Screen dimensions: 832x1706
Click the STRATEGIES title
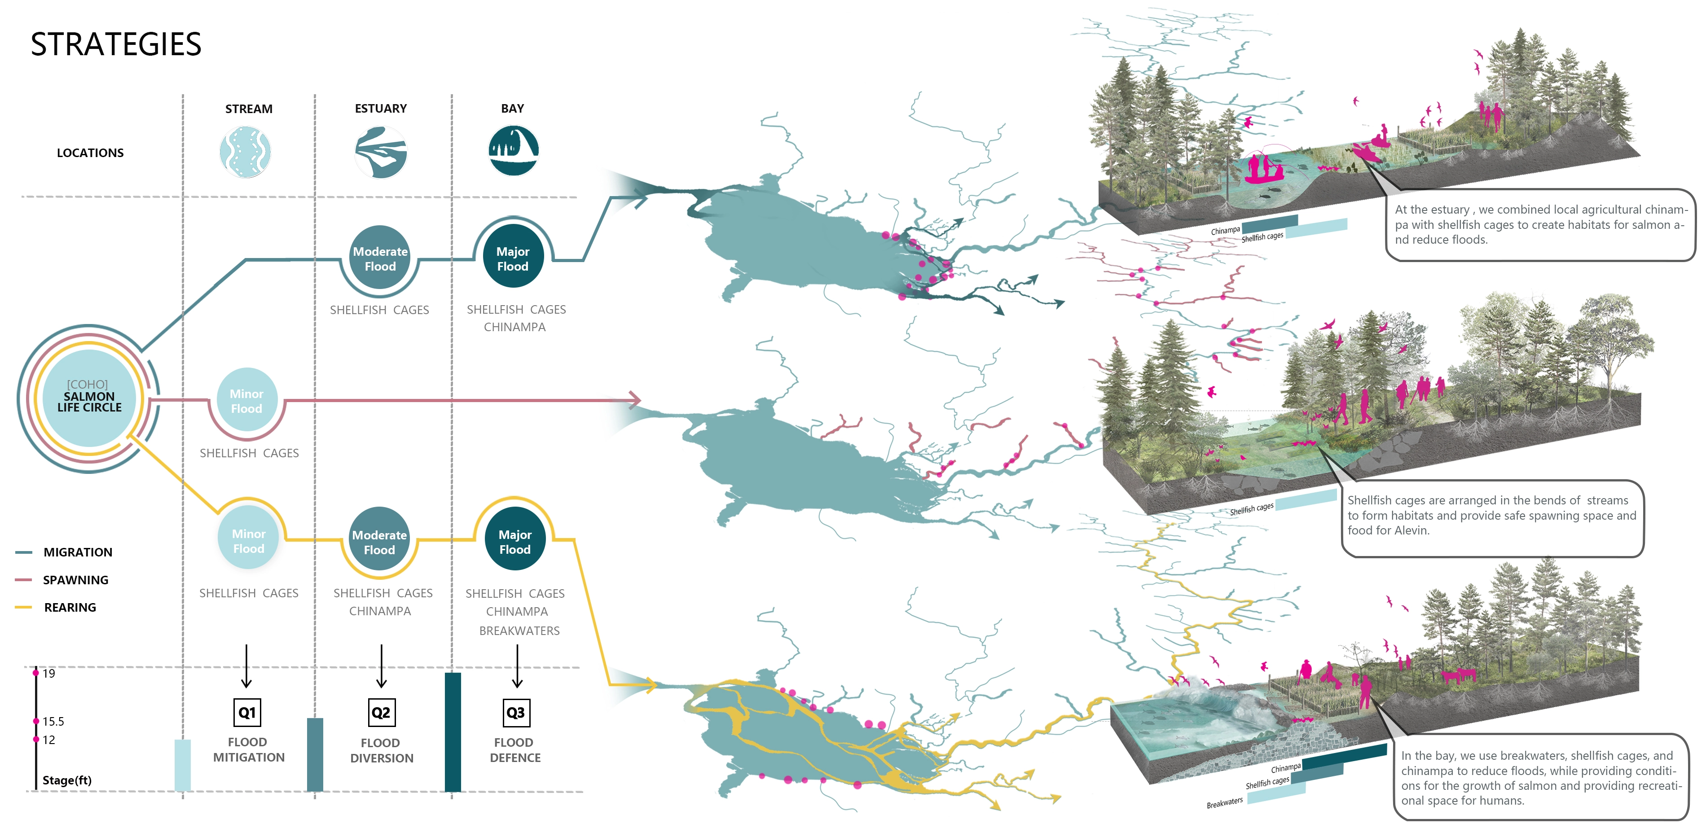116,44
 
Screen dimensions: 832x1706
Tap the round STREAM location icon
245,152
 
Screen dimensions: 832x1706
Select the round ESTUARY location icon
380,152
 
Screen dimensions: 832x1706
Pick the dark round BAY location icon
513,151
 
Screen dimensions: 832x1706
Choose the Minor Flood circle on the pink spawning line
246,400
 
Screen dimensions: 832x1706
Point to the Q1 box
247,712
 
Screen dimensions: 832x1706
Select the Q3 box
515,712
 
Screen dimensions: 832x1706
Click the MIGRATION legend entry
78,552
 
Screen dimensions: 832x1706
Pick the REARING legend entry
70,607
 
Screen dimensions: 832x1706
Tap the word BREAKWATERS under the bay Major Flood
519,631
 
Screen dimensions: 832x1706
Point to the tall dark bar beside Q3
453,731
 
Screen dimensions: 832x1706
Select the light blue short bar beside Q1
183,765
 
